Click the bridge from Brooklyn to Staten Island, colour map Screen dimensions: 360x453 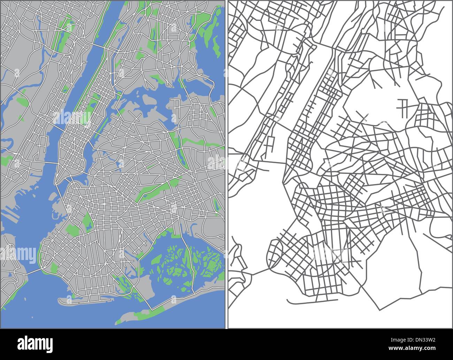tap(33, 270)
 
